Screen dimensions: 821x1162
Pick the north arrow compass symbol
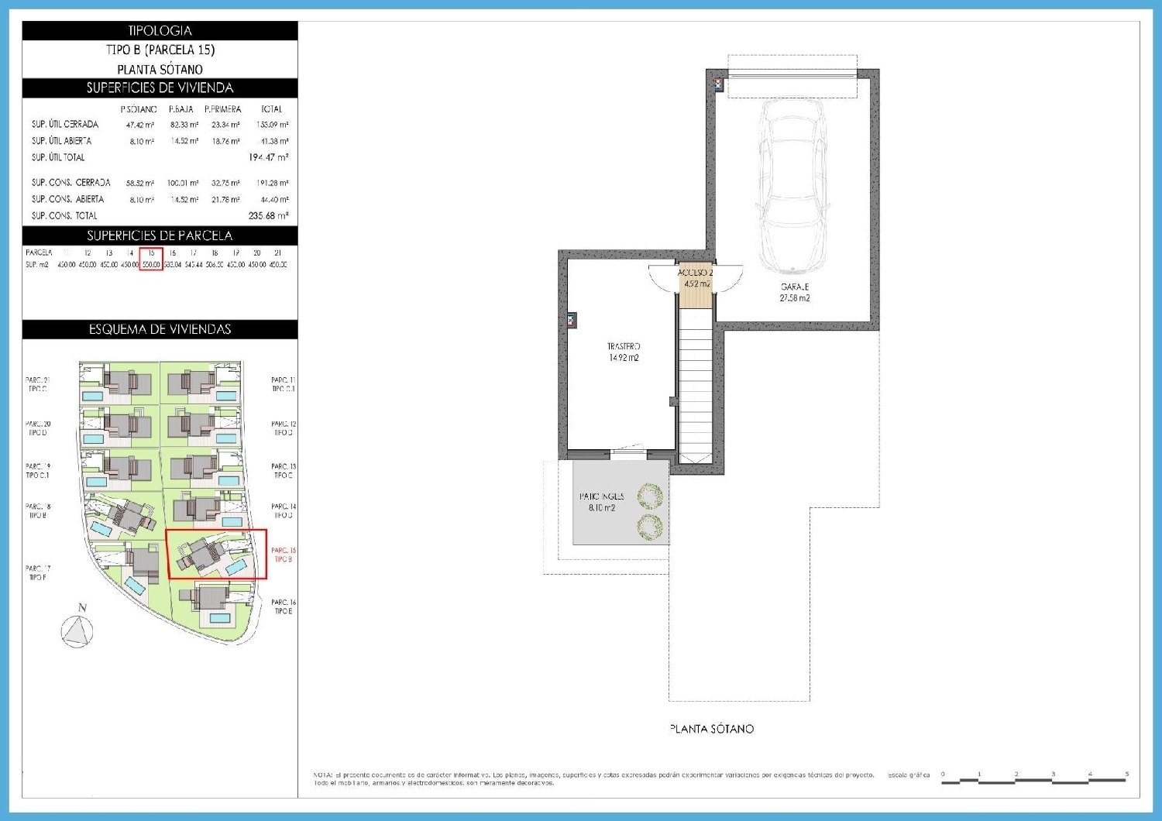click(77, 629)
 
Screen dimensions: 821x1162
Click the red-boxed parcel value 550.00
click(151, 265)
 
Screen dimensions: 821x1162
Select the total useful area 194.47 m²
click(268, 157)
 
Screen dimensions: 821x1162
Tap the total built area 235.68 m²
click(268, 216)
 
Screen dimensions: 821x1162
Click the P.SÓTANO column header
click(139, 109)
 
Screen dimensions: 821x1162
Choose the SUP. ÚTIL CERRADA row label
click(65, 124)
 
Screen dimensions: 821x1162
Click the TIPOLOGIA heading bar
click(160, 31)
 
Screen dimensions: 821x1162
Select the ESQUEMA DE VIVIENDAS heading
click(160, 329)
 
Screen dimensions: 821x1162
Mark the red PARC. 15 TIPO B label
click(283, 555)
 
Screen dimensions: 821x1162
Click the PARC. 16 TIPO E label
click(283, 606)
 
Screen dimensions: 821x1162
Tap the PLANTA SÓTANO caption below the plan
click(711, 729)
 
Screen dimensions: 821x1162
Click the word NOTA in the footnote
click(322, 775)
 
